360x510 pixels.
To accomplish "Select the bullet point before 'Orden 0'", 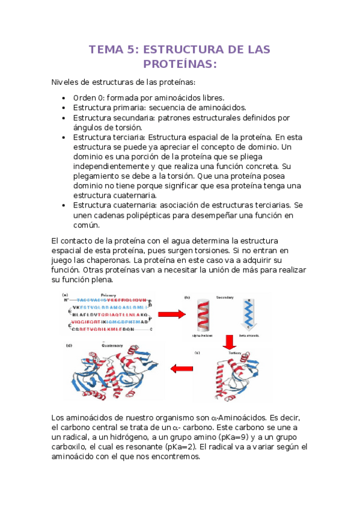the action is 64,97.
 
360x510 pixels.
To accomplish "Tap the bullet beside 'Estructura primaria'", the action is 64,108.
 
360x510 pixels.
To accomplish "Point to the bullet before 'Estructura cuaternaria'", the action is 64,206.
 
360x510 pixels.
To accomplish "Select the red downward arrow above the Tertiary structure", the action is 228,342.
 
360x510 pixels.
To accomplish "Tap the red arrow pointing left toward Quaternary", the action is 183,368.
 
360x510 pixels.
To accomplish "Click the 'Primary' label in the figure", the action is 108,295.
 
